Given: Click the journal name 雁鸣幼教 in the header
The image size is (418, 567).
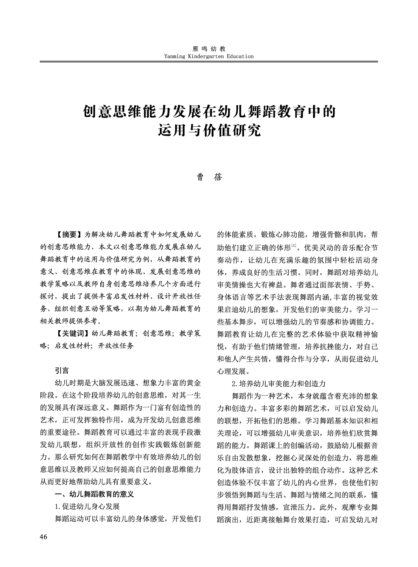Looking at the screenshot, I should pyautogui.click(x=209, y=49).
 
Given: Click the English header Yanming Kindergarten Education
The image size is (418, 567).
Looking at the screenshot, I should pyautogui.click(x=209, y=56).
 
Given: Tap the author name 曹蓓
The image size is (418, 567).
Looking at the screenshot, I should pyautogui.click(x=209, y=177).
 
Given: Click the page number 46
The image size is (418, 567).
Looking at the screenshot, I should pyautogui.click(x=44, y=537).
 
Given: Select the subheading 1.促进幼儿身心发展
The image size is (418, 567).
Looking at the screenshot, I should pyautogui.click(x=87, y=507).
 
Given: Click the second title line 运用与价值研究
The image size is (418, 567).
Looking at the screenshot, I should pyautogui.click(x=209, y=131).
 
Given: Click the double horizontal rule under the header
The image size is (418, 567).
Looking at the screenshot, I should pyautogui.click(x=209, y=62).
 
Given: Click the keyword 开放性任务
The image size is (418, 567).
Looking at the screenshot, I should pyautogui.click(x=116, y=346).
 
